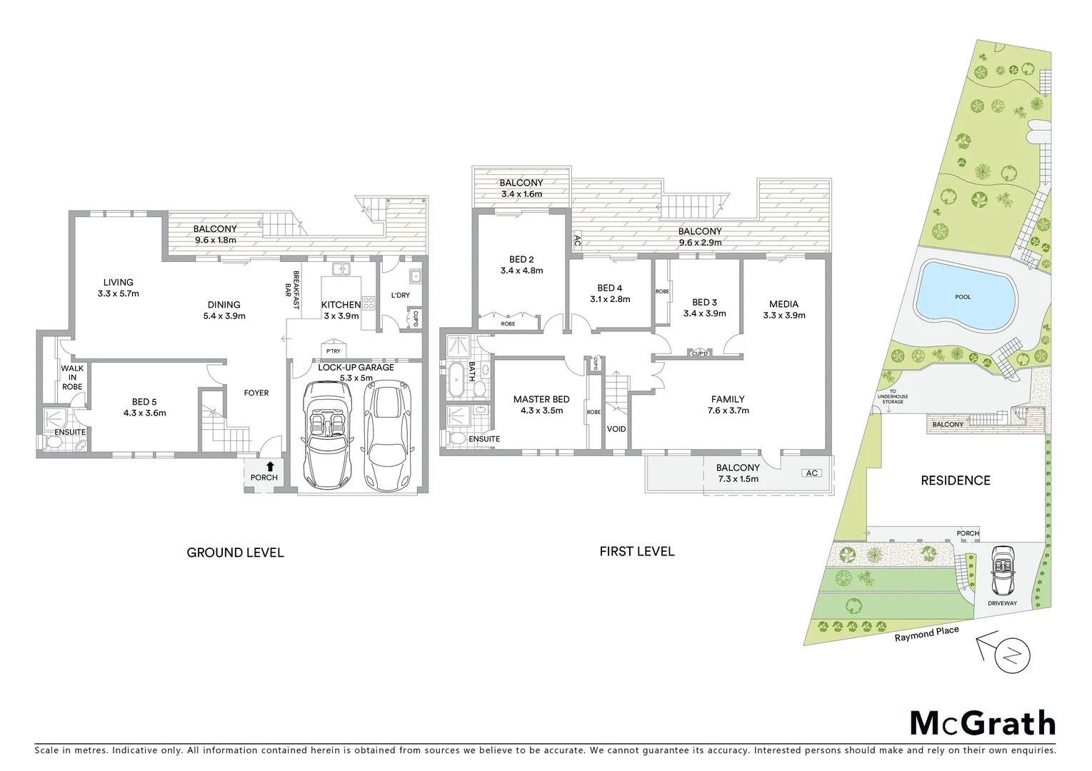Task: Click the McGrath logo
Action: pyautogui.click(x=982, y=723)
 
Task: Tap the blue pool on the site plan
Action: pyautogui.click(x=964, y=298)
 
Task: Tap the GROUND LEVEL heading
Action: pyautogui.click(x=235, y=553)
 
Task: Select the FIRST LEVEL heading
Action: pyautogui.click(x=636, y=551)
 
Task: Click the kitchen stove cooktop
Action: pyautogui.click(x=369, y=303)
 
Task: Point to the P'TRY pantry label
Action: pyautogui.click(x=333, y=351)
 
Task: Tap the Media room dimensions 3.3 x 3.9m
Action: pyautogui.click(x=784, y=315)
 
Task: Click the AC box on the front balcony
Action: pyautogui.click(x=811, y=473)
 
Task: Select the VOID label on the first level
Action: pyautogui.click(x=616, y=429)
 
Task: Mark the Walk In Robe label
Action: pyautogui.click(x=71, y=378)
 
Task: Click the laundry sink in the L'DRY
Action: pyautogui.click(x=414, y=276)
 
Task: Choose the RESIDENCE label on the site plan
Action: pyautogui.click(x=955, y=480)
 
